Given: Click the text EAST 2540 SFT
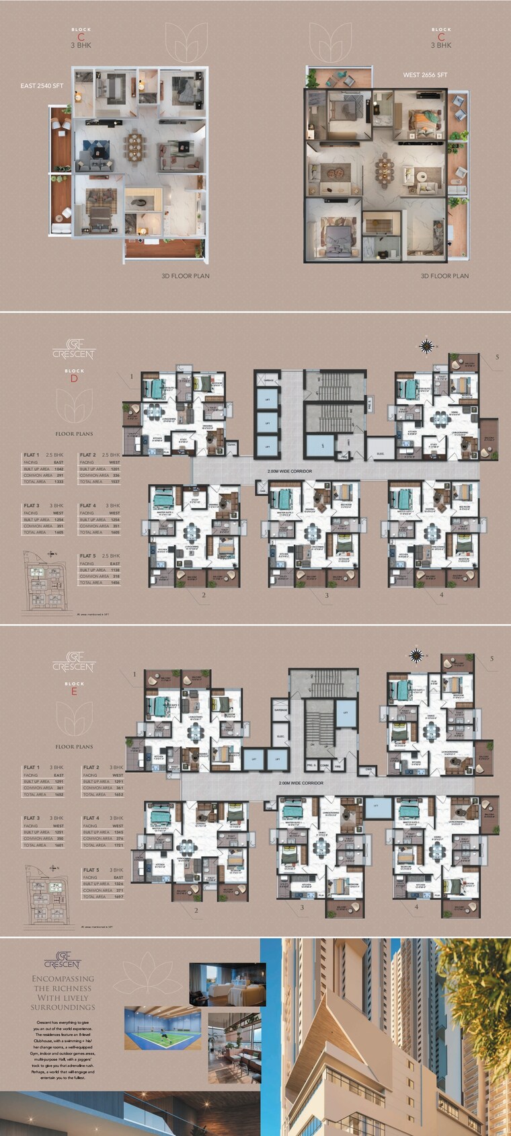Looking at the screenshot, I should [40, 86].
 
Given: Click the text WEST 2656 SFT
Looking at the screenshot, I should [425, 75].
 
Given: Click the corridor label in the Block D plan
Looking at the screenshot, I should [289, 471].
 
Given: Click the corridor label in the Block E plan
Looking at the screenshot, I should [301, 783].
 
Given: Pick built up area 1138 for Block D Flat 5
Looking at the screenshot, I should [113, 570].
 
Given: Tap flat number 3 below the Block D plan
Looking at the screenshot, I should [327, 595].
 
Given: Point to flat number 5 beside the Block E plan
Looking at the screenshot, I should [492, 658].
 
